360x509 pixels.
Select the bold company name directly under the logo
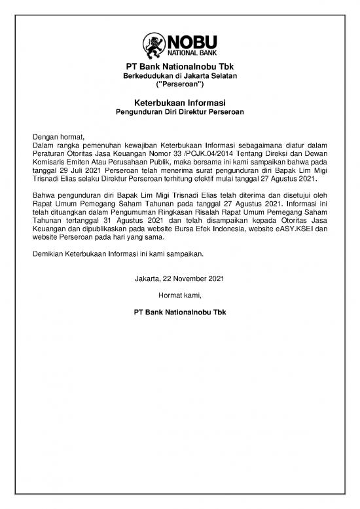pyautogui.click(x=179, y=67)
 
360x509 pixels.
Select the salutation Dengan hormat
pyautogui.click(x=59, y=136)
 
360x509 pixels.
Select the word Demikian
pyautogui.click(x=49, y=254)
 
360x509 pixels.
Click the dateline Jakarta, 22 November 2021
pyautogui.click(x=179, y=279)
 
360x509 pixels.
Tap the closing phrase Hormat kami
pyautogui.click(x=179, y=295)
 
